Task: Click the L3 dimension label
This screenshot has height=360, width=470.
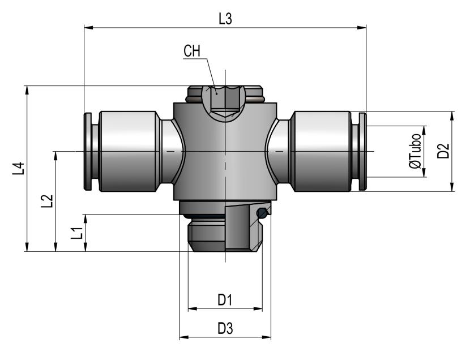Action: tap(225, 19)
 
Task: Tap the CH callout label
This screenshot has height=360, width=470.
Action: tap(192, 51)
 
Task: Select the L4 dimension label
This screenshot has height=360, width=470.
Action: tap(18, 169)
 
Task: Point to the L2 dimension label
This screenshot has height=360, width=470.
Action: tap(47, 202)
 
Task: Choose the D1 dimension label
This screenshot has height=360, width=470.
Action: tap(225, 299)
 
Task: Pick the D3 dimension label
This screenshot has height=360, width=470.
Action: tap(225, 328)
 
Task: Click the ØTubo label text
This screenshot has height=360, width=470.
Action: tap(415, 151)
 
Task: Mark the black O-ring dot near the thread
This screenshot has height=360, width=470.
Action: tap(262, 213)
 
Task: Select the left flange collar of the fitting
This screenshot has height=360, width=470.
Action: tap(88, 151)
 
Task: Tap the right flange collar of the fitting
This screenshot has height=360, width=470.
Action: tap(362, 151)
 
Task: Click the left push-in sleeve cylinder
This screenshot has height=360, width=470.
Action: tap(128, 151)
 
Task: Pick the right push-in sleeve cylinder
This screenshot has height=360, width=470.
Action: tap(322, 151)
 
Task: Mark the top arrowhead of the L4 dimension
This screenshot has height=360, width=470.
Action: tap(27, 91)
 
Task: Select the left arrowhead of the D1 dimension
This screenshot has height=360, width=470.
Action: tap(193, 308)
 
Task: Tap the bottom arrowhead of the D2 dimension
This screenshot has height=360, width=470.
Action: tap(452, 187)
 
